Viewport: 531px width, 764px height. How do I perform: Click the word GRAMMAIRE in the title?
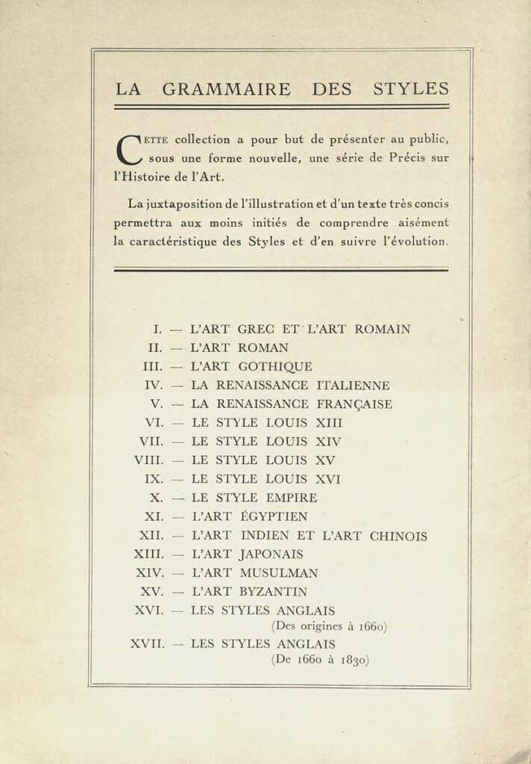(x=226, y=90)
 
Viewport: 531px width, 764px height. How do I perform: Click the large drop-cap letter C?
(x=130, y=148)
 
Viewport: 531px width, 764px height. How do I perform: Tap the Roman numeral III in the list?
(x=152, y=366)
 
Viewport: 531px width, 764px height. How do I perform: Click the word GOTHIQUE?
(x=275, y=366)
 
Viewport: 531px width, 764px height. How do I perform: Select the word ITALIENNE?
(x=353, y=386)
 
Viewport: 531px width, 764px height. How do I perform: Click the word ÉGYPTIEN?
(x=273, y=516)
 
